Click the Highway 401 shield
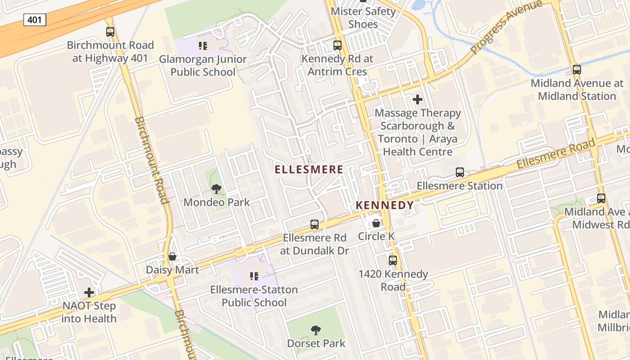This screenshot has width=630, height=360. point(35,20)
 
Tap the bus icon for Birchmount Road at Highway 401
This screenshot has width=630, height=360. point(110,32)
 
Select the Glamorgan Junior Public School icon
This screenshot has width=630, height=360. point(202,46)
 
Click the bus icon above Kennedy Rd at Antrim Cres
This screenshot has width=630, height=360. point(337,45)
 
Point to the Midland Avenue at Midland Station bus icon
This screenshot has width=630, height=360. point(576,70)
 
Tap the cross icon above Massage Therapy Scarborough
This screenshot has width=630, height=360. point(418,99)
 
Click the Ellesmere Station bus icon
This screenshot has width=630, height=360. point(459,172)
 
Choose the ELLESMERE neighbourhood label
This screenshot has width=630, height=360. point(309,170)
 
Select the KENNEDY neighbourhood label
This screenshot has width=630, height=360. point(385,206)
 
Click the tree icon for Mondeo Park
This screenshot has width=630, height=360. point(216,189)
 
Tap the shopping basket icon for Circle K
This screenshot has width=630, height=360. point(376,223)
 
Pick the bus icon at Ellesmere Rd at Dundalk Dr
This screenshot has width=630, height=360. point(315,224)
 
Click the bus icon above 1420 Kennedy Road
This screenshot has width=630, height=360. point(393,261)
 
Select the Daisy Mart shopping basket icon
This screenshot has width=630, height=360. point(172,257)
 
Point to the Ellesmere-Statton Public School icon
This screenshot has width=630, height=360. point(254,276)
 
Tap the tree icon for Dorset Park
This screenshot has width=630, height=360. point(316,330)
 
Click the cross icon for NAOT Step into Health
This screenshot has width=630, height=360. point(89,292)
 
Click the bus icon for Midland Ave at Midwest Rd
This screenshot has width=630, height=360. point(601,198)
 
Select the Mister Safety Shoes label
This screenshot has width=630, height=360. point(363,18)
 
